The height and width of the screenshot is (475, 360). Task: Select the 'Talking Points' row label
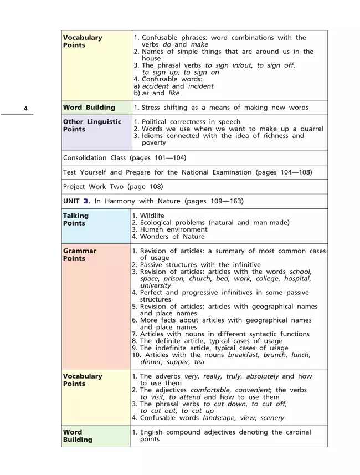75,219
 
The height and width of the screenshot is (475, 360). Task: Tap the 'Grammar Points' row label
79,254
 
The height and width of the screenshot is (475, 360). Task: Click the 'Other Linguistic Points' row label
92,125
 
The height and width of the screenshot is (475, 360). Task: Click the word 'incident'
200,86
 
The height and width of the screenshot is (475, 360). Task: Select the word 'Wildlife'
152,216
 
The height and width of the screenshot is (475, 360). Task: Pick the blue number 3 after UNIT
86,201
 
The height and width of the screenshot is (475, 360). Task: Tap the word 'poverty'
154,143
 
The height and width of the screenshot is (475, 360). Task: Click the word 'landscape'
219,418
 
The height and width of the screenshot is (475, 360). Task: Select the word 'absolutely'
263,376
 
